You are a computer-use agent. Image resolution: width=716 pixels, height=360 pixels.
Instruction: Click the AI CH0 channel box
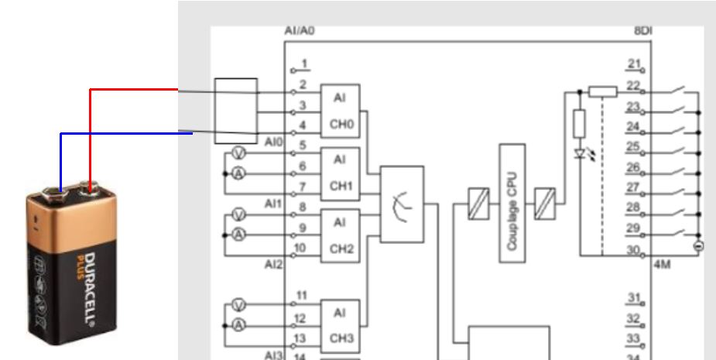pyautogui.click(x=340, y=111)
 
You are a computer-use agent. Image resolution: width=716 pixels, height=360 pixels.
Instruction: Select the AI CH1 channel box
pyautogui.click(x=340, y=173)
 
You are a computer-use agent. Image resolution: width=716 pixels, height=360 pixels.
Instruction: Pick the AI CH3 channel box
pyautogui.click(x=340, y=325)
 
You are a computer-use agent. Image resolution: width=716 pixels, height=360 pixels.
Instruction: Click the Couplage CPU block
pyautogui.click(x=512, y=202)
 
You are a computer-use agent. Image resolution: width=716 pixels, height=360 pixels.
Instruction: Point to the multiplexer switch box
pyautogui.click(x=402, y=204)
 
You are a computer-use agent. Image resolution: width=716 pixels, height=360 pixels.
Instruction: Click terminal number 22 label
pyautogui.click(x=634, y=85)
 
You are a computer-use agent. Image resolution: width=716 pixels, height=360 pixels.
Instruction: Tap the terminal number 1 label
pyautogui.click(x=305, y=63)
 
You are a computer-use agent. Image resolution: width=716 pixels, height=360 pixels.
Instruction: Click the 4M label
pyautogui.click(x=663, y=264)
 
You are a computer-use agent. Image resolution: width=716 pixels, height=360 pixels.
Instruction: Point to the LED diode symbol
pyautogui.click(x=580, y=153)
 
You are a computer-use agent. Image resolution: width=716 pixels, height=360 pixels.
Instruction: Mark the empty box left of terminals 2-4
pyautogui.click(x=235, y=105)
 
